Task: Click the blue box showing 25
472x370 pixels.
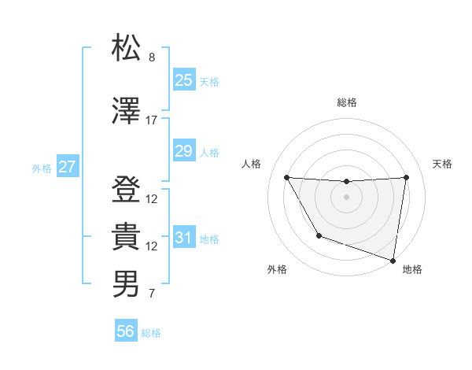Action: click(x=184, y=80)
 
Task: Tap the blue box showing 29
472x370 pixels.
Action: click(x=184, y=150)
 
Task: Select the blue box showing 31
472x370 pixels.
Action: click(x=184, y=237)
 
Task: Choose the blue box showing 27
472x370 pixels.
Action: click(x=68, y=167)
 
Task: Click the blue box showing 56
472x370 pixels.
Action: click(x=126, y=331)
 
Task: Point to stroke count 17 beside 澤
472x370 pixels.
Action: click(x=152, y=120)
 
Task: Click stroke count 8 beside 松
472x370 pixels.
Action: click(x=152, y=57)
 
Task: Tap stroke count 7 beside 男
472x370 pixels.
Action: click(x=152, y=294)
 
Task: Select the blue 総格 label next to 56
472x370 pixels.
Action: click(x=152, y=333)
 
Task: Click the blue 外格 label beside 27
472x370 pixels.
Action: click(x=42, y=168)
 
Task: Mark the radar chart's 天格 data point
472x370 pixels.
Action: click(x=406, y=177)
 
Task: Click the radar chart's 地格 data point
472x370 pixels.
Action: click(x=392, y=259)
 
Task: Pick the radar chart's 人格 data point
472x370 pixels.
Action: click(x=286, y=177)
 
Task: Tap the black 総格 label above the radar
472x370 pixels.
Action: click(x=346, y=102)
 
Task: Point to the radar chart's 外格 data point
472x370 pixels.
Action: click(x=319, y=235)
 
